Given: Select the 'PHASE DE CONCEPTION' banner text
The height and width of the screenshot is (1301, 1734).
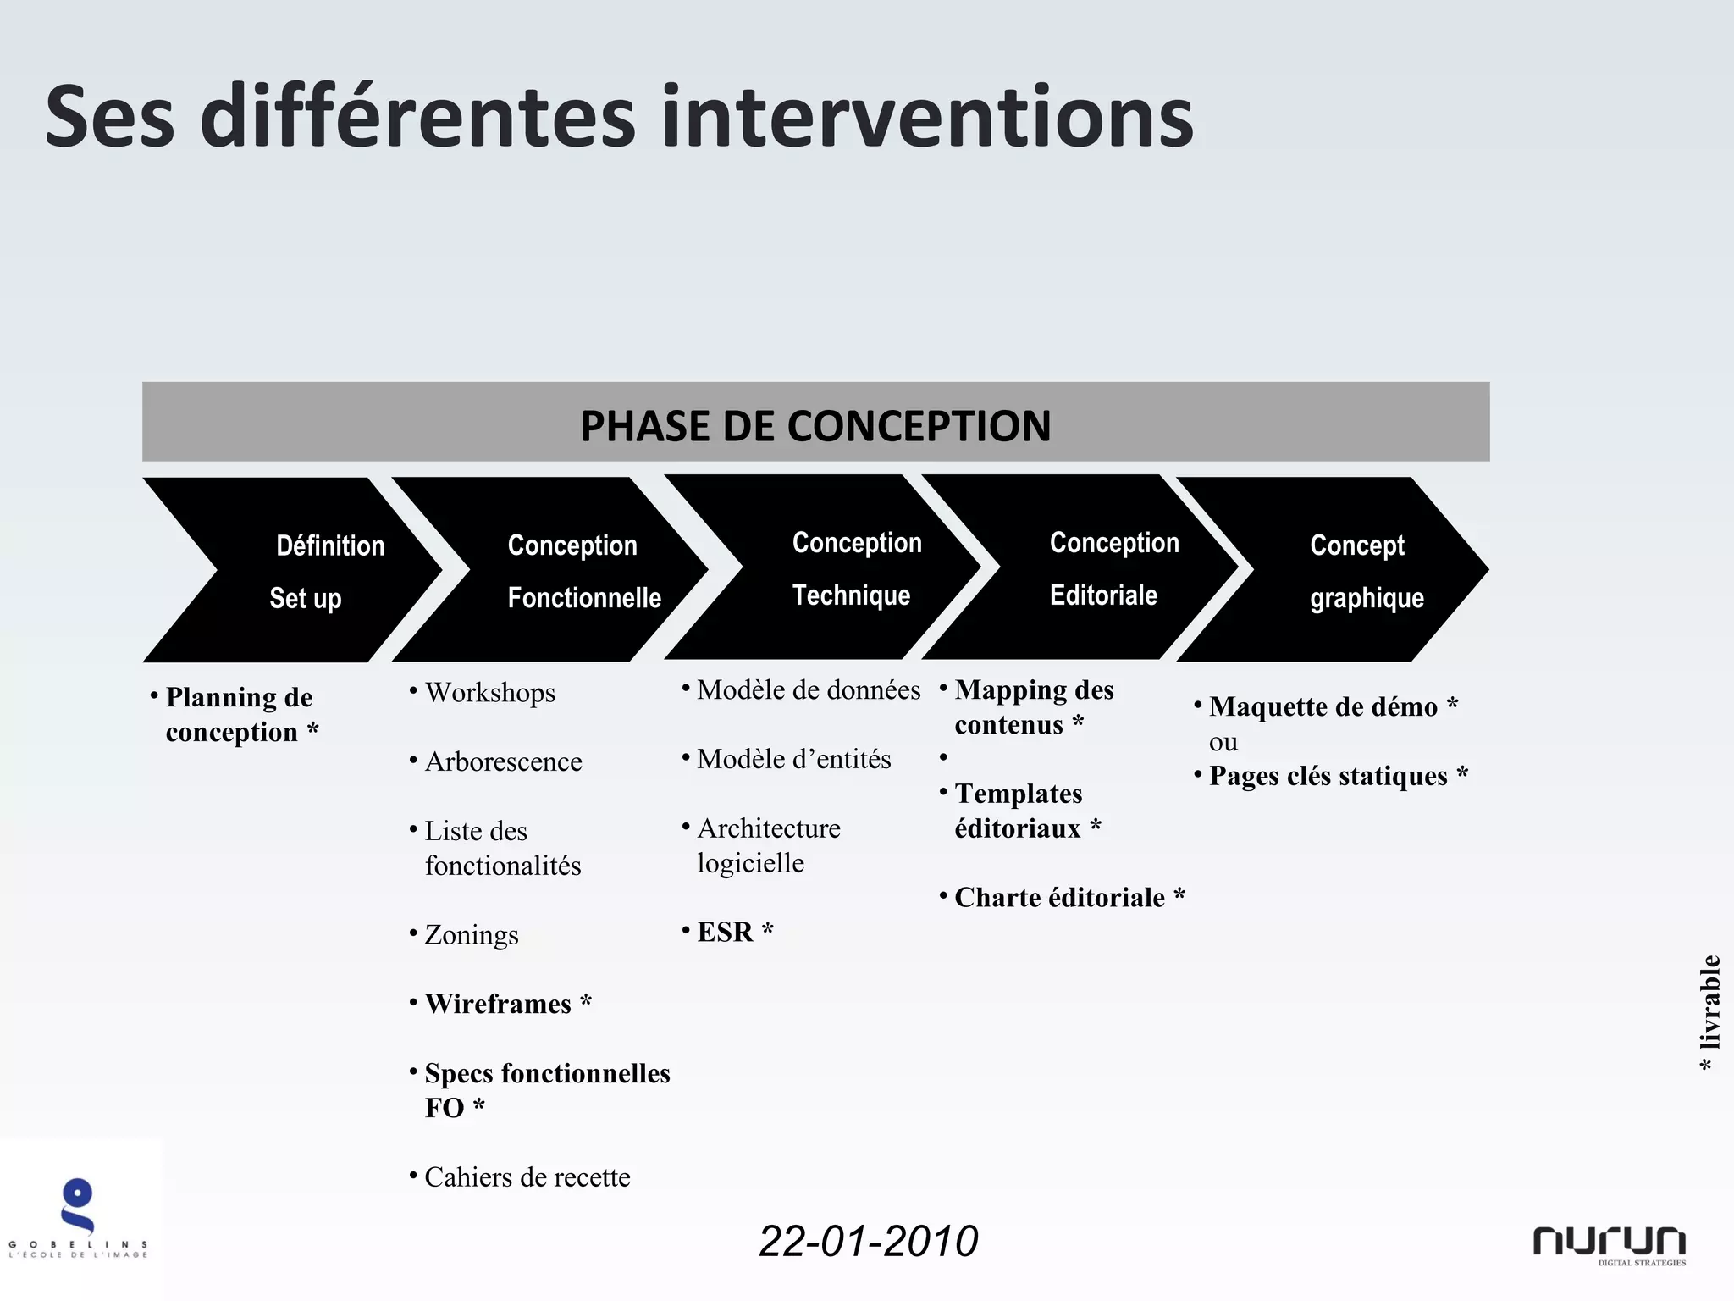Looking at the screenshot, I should [x=815, y=425].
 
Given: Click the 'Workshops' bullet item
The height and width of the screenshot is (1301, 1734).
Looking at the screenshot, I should [x=489, y=693].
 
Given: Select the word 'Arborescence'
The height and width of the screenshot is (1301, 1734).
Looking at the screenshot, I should [x=503, y=761].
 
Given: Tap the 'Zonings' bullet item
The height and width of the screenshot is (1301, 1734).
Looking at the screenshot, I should [x=471, y=935].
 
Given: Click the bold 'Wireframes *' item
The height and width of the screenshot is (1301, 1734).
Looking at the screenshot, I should [x=507, y=1004].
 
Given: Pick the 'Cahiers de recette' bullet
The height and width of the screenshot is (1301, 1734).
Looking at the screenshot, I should [x=527, y=1177].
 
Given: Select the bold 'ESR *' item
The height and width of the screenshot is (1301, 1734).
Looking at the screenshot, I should [x=734, y=932].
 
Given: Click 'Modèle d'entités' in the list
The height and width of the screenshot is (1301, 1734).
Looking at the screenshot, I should [x=793, y=759].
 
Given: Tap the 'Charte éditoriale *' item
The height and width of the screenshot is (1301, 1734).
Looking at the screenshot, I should [x=1069, y=897].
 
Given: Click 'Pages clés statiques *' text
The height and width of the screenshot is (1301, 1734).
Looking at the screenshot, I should [x=1337, y=776].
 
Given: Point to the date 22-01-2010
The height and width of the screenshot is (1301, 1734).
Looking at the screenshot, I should [x=868, y=1241].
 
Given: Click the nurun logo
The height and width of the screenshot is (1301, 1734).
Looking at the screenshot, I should [x=1609, y=1243].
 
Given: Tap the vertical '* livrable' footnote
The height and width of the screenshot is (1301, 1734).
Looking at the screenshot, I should [x=1709, y=1013].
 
